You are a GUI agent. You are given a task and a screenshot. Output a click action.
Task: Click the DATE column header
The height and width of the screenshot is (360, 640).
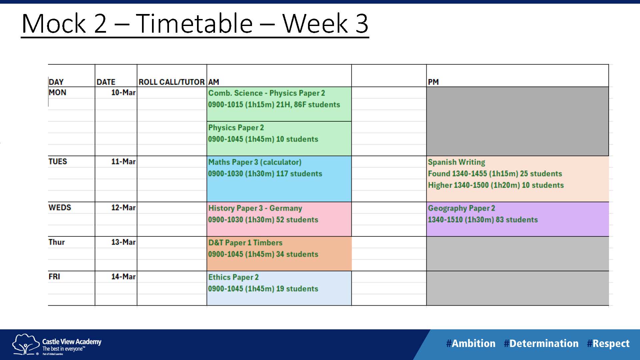click(106, 82)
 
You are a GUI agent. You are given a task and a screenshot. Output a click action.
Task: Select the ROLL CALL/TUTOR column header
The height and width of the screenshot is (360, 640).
click(172, 82)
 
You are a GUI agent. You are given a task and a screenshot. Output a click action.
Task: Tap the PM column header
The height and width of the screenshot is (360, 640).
click(433, 82)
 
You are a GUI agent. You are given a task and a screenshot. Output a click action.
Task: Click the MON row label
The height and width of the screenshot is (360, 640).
click(57, 92)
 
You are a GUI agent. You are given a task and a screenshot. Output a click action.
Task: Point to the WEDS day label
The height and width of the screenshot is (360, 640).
click(60, 207)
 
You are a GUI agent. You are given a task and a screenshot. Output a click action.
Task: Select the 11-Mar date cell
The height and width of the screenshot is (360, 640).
click(123, 162)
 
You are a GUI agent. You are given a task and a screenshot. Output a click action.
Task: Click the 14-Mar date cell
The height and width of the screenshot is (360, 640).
click(123, 277)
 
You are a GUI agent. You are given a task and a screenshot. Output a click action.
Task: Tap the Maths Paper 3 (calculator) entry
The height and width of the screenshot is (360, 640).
click(255, 162)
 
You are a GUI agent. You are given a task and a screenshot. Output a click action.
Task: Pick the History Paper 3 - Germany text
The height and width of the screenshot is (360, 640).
click(255, 208)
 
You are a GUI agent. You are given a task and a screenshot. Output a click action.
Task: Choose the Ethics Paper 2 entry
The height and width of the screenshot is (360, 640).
click(233, 277)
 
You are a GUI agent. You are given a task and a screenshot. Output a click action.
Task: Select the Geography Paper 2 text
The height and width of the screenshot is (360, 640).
click(461, 208)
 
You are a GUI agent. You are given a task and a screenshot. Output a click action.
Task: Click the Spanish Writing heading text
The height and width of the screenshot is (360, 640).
click(456, 162)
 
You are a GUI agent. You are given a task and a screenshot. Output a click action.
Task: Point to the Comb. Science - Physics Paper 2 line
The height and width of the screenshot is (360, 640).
click(267, 93)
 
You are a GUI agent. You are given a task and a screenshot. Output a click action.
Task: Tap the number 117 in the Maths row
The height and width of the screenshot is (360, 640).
click(282, 174)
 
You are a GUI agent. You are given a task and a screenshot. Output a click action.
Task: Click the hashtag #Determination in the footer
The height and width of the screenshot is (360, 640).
click(541, 343)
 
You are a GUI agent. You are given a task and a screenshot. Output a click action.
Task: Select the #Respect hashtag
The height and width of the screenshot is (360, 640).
click(608, 344)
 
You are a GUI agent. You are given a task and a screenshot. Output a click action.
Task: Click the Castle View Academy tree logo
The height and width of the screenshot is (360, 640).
click(25, 344)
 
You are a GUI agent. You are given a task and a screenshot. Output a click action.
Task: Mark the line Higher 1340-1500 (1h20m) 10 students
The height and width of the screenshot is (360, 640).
click(496, 185)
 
